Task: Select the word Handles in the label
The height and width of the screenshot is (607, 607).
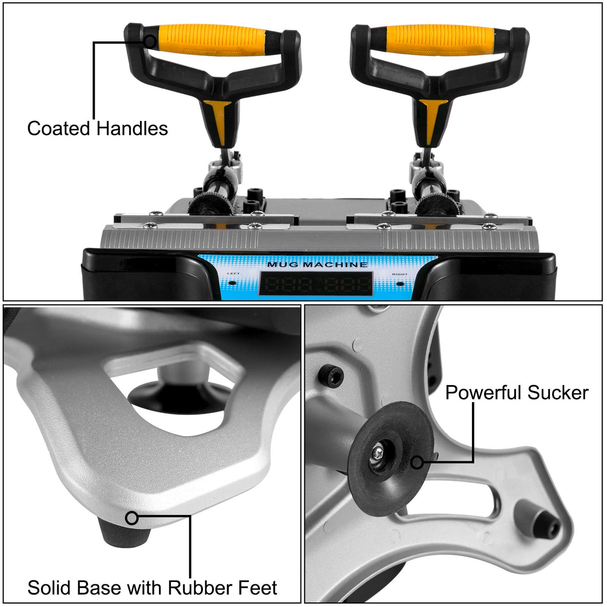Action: [132, 128]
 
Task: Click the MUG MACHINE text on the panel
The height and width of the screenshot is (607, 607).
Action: [317, 264]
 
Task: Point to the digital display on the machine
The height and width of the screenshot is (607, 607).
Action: [316, 284]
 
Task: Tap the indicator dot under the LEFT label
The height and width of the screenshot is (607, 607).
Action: [233, 283]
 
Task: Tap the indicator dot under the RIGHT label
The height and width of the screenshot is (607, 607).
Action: [400, 283]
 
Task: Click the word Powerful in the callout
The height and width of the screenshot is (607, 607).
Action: [482, 392]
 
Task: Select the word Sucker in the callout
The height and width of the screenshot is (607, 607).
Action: [558, 392]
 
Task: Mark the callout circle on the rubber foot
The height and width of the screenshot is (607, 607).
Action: [131, 518]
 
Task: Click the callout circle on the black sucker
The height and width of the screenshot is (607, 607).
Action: [416, 462]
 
